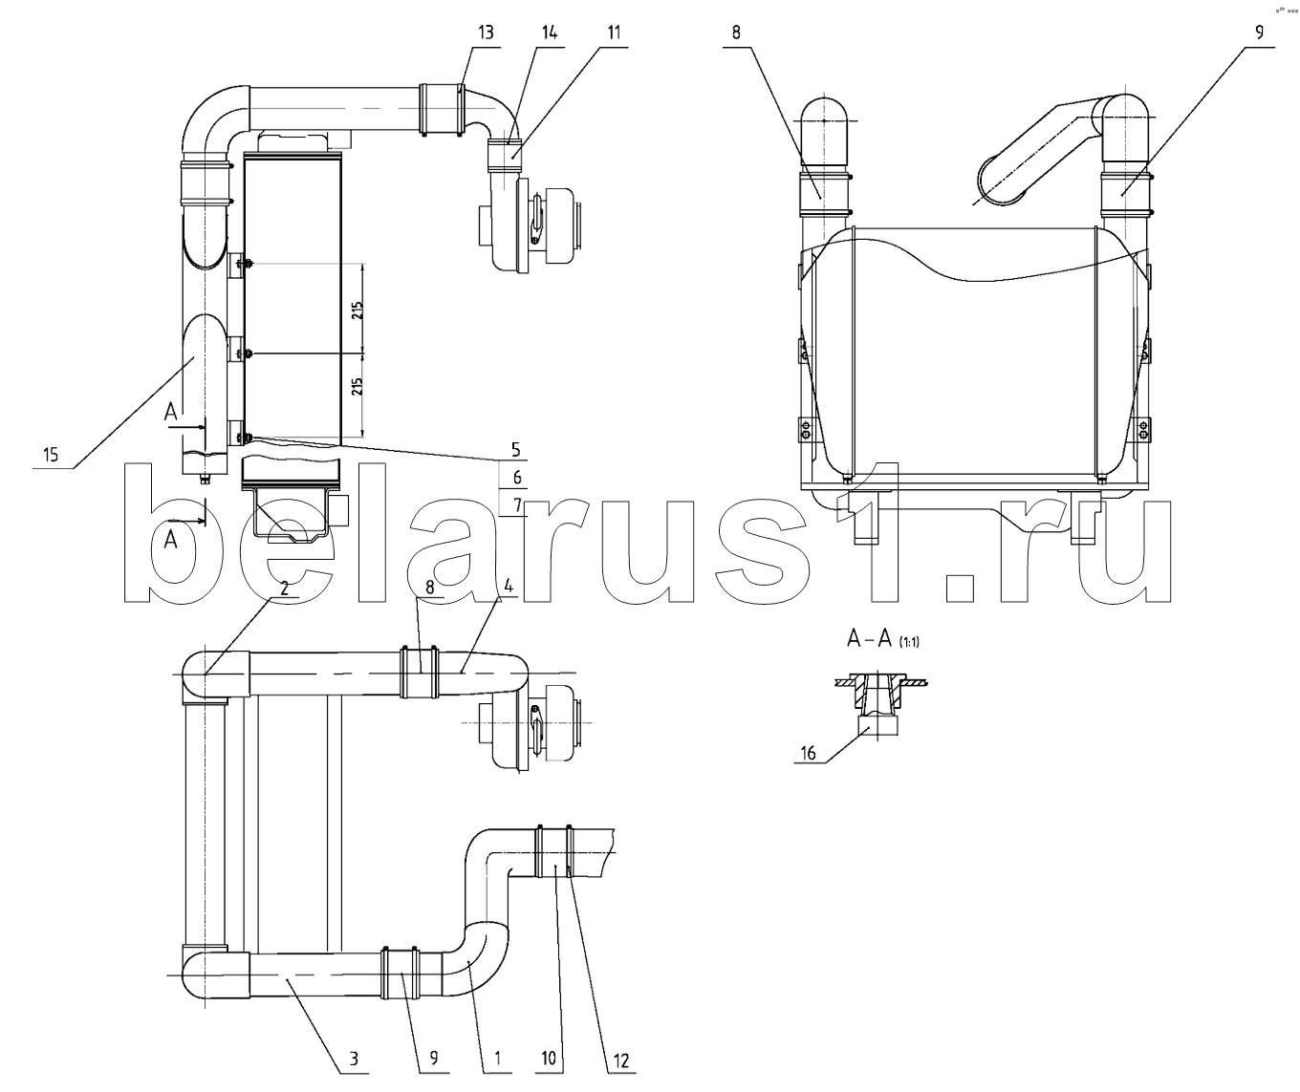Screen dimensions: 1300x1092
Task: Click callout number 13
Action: [486, 32]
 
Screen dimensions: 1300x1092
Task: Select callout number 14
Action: [549, 32]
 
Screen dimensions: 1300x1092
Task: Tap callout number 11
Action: [614, 32]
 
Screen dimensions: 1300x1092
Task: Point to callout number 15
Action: [51, 455]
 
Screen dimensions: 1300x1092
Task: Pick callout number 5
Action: [515, 449]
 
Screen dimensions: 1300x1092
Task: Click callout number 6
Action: [517, 478]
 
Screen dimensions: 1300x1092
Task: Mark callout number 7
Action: [517, 504]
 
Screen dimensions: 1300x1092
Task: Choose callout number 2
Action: [285, 588]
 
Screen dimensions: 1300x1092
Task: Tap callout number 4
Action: [509, 586]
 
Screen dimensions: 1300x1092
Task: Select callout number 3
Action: [354, 1059]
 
